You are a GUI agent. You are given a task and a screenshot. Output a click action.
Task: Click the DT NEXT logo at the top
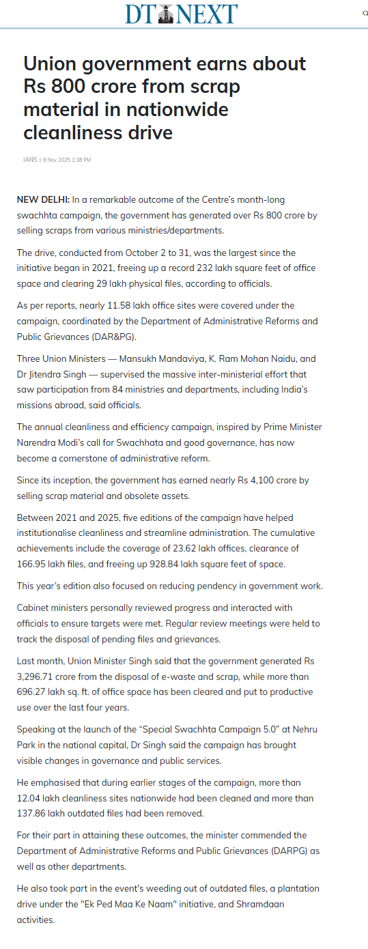[x=181, y=13]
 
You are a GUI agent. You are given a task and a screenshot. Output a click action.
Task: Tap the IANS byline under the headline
[x=30, y=160]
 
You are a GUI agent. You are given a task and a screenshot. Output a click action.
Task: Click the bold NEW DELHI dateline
[x=43, y=199]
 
